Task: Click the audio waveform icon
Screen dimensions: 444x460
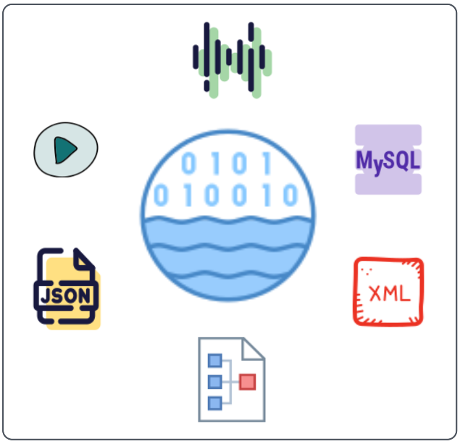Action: pyautogui.click(x=232, y=60)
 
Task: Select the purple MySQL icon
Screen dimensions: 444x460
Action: pyautogui.click(x=388, y=159)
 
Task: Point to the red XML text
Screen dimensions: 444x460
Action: pyautogui.click(x=389, y=293)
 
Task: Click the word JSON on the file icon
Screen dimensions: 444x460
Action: pyautogui.click(x=66, y=296)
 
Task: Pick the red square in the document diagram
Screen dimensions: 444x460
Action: pyautogui.click(x=248, y=382)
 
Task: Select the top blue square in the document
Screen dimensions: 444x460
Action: pyautogui.click(x=214, y=361)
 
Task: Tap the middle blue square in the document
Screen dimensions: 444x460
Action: pyautogui.click(x=214, y=382)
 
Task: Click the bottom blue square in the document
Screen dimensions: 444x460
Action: pyautogui.click(x=214, y=402)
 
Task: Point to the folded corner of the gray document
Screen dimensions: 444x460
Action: pyautogui.click(x=254, y=348)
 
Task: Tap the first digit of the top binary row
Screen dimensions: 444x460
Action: pyautogui.click(x=188, y=164)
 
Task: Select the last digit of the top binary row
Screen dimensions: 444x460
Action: pyautogui.click(x=267, y=164)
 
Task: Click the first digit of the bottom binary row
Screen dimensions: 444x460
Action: pyautogui.click(x=161, y=195)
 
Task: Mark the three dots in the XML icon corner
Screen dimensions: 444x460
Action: pyautogui.click(x=367, y=271)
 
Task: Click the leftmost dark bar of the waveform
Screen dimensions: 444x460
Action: pyautogui.click(x=195, y=57)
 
